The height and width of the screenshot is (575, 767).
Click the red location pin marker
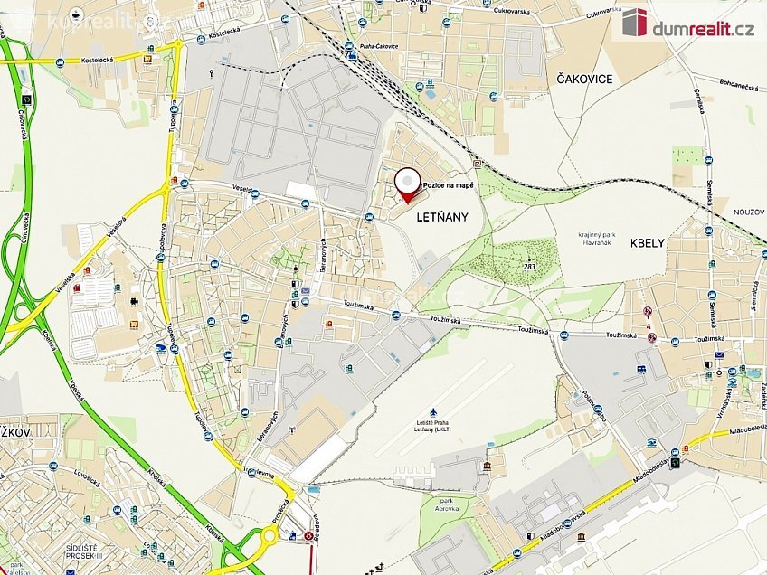tap(408, 184)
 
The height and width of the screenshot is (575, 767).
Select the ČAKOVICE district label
tap(579, 79)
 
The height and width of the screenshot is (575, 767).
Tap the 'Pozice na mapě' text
tap(450, 184)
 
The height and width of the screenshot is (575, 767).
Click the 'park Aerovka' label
tap(445, 504)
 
